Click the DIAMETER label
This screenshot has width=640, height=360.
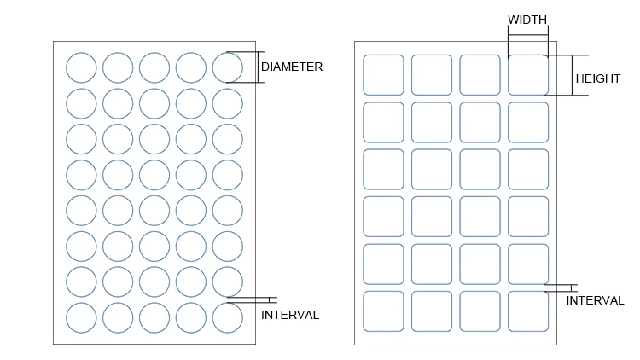point(292,67)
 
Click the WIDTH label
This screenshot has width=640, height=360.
point(527,20)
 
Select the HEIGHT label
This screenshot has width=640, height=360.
point(597,78)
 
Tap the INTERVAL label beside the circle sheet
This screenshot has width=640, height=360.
point(290,315)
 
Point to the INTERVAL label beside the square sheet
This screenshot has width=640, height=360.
point(595,300)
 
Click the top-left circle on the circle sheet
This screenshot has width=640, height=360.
point(82,67)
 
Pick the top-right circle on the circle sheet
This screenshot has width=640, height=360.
point(228,67)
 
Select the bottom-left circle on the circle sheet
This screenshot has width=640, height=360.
point(82,317)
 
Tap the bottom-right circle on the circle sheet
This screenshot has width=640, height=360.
point(228,317)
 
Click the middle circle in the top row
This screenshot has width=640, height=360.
point(154,67)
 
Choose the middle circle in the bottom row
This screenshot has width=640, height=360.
point(154,317)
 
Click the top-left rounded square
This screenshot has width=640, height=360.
point(383,75)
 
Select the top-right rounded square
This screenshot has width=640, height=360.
point(528,75)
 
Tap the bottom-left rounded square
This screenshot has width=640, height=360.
point(383,311)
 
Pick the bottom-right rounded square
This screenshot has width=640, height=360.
point(528,311)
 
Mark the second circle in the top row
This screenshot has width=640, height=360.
point(118,67)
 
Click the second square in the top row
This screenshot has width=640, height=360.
point(432,75)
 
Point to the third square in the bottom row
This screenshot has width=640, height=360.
point(480,311)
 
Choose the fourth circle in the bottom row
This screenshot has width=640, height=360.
point(191,317)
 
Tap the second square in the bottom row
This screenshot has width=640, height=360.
point(432,311)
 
